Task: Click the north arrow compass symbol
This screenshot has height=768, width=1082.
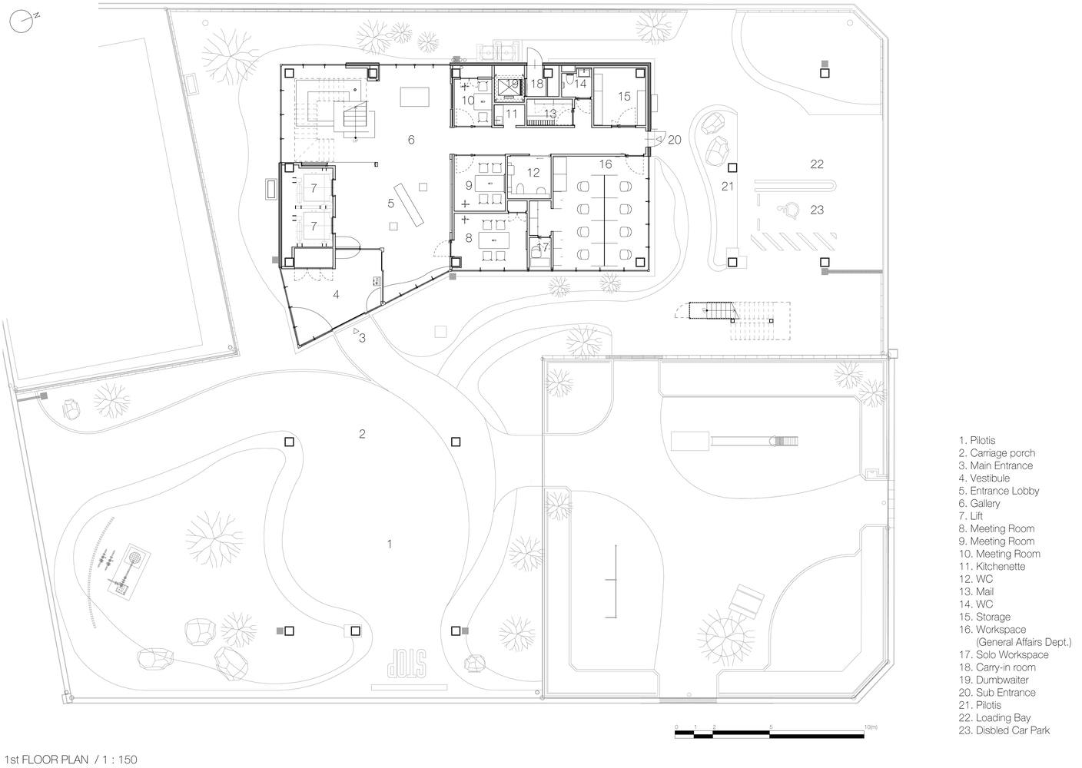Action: tap(22, 22)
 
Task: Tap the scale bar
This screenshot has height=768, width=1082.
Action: tap(769, 734)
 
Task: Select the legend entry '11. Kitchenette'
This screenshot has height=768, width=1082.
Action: tap(991, 566)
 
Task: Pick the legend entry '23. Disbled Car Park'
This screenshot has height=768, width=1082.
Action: tap(1004, 730)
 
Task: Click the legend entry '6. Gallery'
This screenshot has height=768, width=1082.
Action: tap(979, 504)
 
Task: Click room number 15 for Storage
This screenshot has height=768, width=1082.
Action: tap(624, 97)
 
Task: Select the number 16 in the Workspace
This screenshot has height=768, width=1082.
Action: tap(606, 164)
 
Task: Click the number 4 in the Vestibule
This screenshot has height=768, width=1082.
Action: tap(336, 294)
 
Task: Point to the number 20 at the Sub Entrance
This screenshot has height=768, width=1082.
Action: tap(674, 140)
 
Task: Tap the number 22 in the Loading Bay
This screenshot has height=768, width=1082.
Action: tap(817, 164)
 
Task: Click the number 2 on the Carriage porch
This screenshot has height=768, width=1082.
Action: tap(362, 434)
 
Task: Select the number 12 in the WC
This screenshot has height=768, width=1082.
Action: tap(533, 172)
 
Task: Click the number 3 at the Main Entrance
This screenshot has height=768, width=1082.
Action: tap(362, 338)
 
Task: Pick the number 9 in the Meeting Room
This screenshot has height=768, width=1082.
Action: tap(469, 185)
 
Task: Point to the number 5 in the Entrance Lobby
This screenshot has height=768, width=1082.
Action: tap(391, 204)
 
